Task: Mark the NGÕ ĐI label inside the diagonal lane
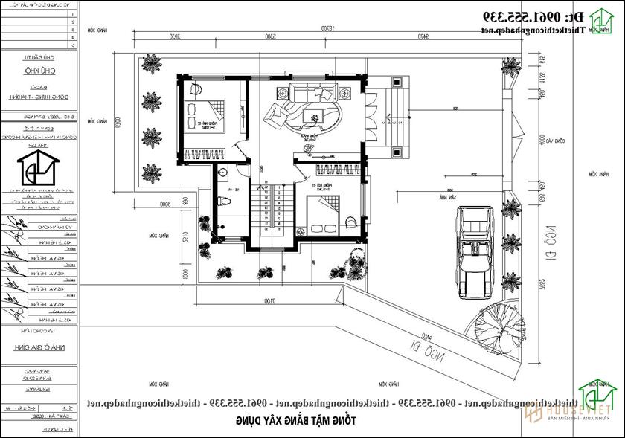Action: [425, 350]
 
